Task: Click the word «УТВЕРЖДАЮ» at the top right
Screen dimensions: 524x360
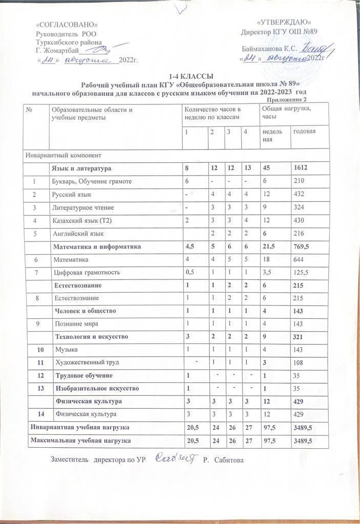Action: point(283,23)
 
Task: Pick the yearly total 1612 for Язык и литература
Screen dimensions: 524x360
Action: point(300,167)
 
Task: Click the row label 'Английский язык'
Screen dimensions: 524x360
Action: point(75,234)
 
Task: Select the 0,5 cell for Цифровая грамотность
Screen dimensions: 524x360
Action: point(192,272)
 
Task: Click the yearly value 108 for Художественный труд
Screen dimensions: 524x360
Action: point(298,362)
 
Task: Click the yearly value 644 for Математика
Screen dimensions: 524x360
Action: point(297,259)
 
